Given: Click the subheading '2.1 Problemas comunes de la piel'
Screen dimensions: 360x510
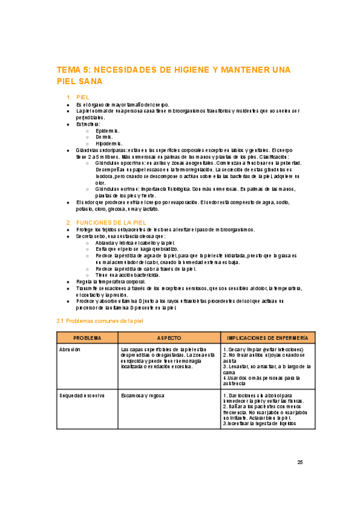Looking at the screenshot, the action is pos(100,321).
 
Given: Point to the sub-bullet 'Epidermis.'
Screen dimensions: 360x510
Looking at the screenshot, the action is pos(108,130).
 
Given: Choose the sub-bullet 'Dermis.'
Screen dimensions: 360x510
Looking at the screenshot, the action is pos(103,137).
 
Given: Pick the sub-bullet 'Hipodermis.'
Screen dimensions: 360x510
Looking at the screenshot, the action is pos(109,143).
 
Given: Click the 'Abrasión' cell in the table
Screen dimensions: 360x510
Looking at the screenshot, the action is pos(70,349).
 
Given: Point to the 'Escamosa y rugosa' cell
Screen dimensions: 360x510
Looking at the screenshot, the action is pos(144,395).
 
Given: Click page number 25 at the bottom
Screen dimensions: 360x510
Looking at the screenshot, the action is pos(301,462).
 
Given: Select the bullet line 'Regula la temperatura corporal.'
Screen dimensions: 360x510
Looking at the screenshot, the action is pos(111,281).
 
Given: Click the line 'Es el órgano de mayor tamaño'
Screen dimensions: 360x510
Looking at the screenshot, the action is pos(123,104).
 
